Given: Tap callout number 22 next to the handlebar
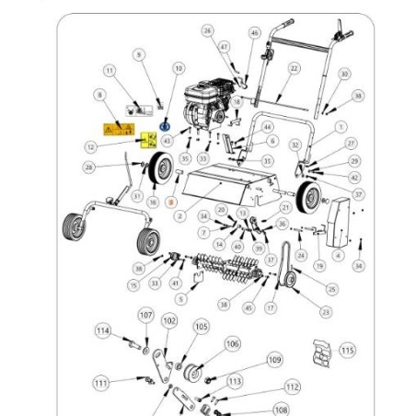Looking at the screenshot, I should pyautogui.click(x=294, y=68).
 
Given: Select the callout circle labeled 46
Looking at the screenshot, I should pyautogui.click(x=254, y=33).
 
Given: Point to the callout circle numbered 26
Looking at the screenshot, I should pyautogui.click(x=207, y=30).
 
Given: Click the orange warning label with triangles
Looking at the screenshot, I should pyautogui.click(x=119, y=130).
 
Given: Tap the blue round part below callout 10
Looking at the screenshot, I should pyautogui.click(x=166, y=123).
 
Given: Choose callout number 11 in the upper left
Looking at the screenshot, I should pyautogui.click(x=110, y=70).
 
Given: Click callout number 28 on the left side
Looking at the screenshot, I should pyautogui.click(x=87, y=168).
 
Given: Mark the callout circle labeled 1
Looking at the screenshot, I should pyautogui.click(x=341, y=127).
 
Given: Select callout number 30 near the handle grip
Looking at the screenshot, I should pyautogui.click(x=343, y=74).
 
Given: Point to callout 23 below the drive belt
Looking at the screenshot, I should pyautogui.click(x=326, y=312).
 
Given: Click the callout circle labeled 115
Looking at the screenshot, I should pyautogui.click(x=347, y=350).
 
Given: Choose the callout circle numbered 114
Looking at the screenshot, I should pyautogui.click(x=102, y=330).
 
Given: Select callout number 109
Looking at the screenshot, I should pyautogui.click(x=274, y=359).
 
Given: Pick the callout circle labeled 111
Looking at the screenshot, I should pyautogui.click(x=101, y=382).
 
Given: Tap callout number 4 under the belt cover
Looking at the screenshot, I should pyautogui.click(x=337, y=255).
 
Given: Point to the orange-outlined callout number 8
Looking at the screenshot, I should pyautogui.click(x=169, y=200).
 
